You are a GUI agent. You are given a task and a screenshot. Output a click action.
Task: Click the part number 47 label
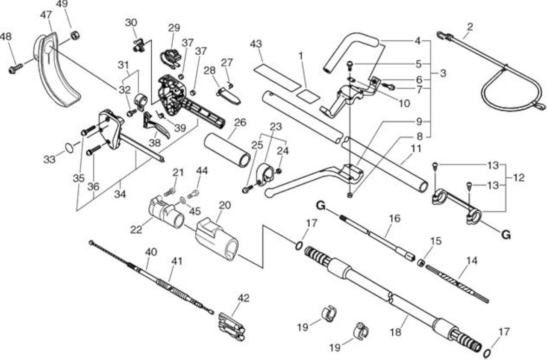pyautogui.click(x=46, y=15)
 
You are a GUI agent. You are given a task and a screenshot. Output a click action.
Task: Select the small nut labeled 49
pyautogui.click(x=75, y=36)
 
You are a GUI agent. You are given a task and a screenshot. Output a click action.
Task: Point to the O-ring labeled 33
pyautogui.click(x=69, y=148)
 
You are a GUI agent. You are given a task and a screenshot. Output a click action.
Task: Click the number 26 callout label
pyautogui.click(x=240, y=122)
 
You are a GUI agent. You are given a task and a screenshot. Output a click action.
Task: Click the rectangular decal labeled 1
pyautogui.click(x=308, y=96)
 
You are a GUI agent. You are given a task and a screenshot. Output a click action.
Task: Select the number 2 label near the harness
pyautogui.click(x=470, y=27)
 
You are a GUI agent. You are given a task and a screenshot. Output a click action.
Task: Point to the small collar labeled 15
pyautogui.click(x=421, y=263)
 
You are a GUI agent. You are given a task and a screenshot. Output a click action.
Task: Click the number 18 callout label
pyautogui.click(x=395, y=332)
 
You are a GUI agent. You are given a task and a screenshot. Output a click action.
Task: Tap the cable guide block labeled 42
pyautogui.click(x=231, y=327)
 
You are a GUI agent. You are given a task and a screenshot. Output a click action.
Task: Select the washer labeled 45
pyautogui.click(x=182, y=201)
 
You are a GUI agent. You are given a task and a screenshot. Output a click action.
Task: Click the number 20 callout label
pyautogui.click(x=225, y=205)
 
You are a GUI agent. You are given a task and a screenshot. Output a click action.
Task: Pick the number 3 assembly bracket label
pyautogui.click(x=443, y=73)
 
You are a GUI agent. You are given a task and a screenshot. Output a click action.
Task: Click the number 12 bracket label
pyautogui.click(x=519, y=177)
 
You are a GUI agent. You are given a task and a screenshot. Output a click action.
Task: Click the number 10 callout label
pyautogui.click(x=404, y=103)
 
